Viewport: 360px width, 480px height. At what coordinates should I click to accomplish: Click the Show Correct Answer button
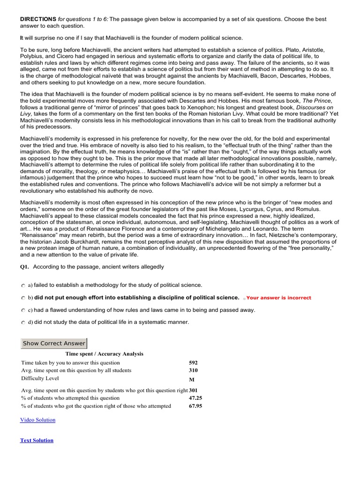(54, 343)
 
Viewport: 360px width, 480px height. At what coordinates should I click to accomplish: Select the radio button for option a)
(23, 285)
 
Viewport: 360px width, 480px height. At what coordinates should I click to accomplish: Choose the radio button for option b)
(23, 298)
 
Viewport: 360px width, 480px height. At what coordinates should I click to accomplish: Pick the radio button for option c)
(23, 310)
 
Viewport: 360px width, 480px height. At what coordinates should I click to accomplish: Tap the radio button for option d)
(23, 322)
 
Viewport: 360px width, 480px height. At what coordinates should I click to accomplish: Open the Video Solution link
(37, 420)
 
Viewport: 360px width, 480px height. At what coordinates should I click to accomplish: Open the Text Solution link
(37, 441)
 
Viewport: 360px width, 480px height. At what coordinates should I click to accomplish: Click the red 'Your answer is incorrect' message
(278, 298)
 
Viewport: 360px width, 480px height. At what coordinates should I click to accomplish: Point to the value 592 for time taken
(193, 363)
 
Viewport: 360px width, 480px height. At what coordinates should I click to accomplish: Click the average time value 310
(193, 370)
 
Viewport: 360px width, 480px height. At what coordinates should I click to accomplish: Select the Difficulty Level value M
(191, 379)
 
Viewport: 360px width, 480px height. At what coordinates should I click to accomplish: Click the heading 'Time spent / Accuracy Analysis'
(104, 354)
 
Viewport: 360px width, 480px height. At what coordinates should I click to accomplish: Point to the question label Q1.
(24, 267)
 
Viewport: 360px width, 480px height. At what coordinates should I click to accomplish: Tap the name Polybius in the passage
(32, 56)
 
